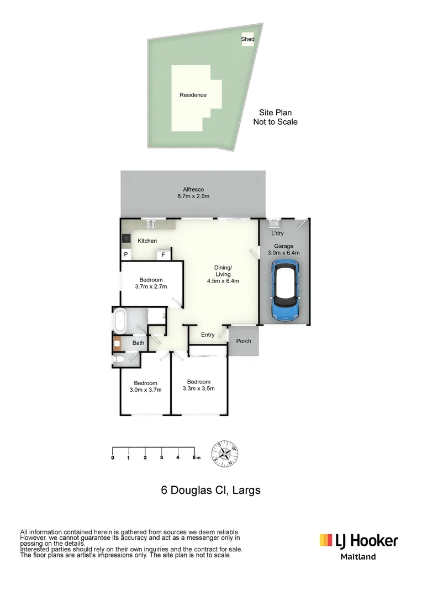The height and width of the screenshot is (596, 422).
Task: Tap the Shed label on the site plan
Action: coord(247,39)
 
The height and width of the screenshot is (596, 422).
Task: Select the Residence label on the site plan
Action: coord(193,95)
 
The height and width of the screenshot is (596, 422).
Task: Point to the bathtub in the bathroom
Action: coord(120,321)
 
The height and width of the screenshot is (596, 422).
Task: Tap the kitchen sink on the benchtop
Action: coord(150,224)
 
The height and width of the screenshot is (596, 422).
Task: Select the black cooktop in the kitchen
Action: coord(125,239)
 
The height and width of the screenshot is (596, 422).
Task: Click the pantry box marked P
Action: coord(126,255)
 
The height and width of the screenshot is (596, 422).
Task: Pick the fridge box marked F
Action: coord(163,255)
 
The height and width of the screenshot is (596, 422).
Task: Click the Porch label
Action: coord(244,341)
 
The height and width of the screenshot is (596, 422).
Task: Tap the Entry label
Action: coord(208,335)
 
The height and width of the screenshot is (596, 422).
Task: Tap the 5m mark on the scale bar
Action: coord(195,457)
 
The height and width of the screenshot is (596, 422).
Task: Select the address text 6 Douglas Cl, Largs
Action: coord(210,489)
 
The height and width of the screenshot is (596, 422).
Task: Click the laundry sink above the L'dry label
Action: coord(273,224)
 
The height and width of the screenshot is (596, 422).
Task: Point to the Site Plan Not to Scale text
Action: coord(275,117)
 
